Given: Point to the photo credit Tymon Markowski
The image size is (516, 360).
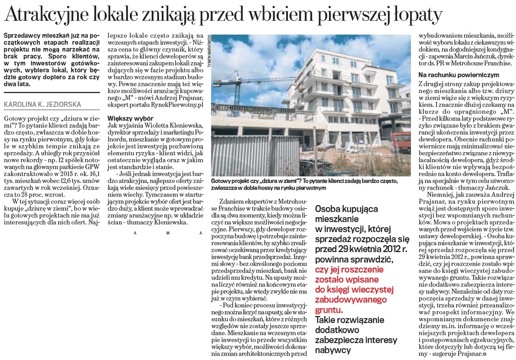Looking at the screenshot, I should click(x=209, y=51).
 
